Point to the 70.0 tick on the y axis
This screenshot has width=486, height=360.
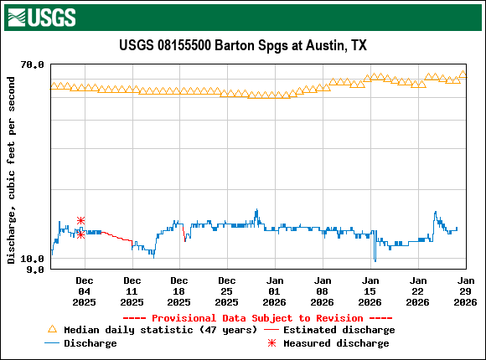point(33,64)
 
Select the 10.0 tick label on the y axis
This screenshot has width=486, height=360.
point(33,260)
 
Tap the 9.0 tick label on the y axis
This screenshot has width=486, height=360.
point(36,270)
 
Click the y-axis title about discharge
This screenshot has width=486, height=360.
point(11,170)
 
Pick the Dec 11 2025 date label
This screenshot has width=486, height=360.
point(132,291)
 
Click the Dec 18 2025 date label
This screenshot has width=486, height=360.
point(178,291)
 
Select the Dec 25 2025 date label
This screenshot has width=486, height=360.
point(226,291)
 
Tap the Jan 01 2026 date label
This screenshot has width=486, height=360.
point(274,291)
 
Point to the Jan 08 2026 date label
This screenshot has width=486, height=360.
point(322,291)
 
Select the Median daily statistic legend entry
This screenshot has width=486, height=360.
point(151,330)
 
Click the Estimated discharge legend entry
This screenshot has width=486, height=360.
point(339,330)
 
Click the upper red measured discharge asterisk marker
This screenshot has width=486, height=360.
point(80,221)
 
